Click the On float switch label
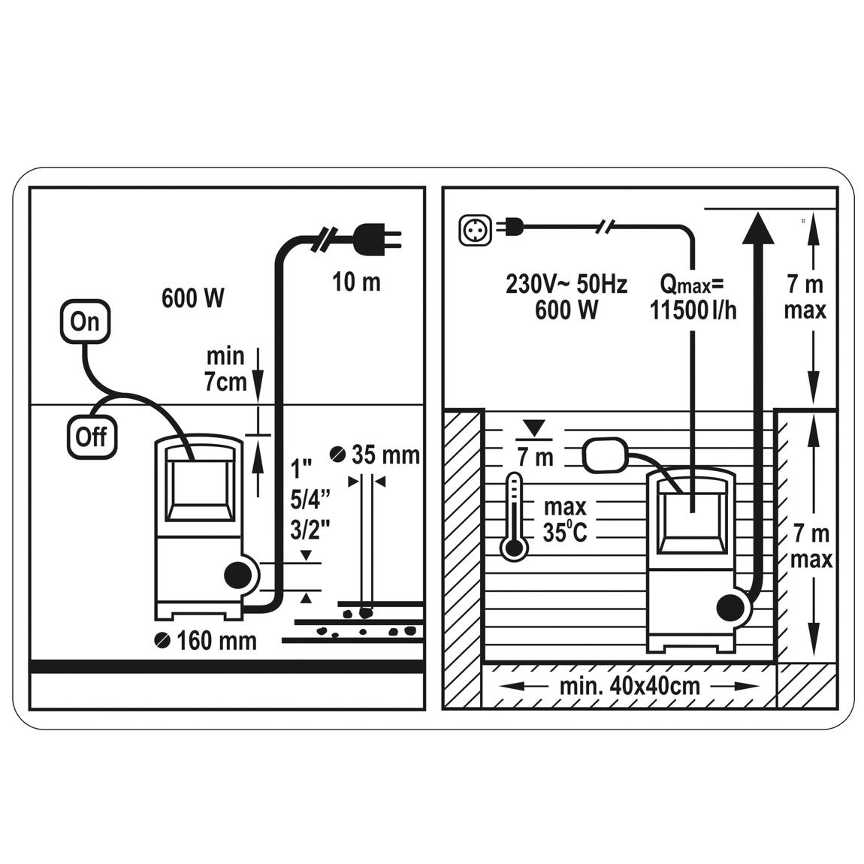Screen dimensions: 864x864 (85, 322)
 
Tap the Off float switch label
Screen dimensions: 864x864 (92, 437)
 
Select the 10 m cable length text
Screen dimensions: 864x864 (357, 282)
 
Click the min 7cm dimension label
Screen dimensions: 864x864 (226, 369)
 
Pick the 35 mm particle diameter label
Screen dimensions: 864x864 (375, 455)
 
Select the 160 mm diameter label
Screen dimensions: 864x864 (206, 640)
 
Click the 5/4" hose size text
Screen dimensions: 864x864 (310, 499)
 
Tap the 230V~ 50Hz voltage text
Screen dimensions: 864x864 (566, 284)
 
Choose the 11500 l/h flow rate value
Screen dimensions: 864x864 (693, 310)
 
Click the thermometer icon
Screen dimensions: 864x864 (514, 517)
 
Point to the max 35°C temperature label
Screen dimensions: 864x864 (565, 519)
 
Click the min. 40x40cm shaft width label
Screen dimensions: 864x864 (630, 687)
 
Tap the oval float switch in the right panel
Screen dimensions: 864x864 (605, 455)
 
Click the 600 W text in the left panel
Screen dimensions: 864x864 (193, 298)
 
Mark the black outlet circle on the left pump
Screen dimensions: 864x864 (237, 575)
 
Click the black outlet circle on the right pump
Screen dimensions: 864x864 (729, 609)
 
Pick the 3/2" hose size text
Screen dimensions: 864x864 (310, 530)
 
